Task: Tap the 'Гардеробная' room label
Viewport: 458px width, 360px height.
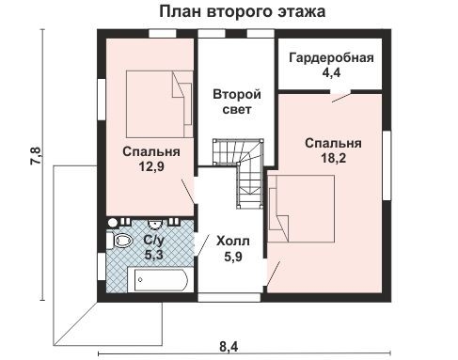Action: pyautogui.click(x=332, y=55)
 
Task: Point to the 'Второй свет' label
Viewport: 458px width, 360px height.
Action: pyautogui.click(x=235, y=102)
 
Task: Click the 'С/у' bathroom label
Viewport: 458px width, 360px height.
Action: pyautogui.click(x=153, y=241)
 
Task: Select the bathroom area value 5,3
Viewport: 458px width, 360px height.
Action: pyautogui.click(x=153, y=255)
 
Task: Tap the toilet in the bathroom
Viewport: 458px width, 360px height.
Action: pyautogui.click(x=122, y=242)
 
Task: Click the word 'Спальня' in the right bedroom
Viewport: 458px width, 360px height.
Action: pyautogui.click(x=332, y=143)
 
